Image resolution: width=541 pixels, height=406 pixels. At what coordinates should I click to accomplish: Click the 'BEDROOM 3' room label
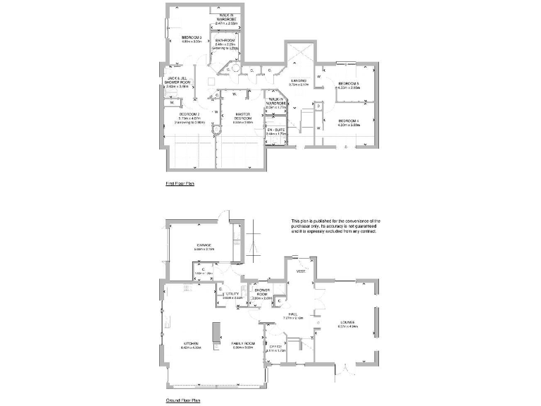pyautogui.click(x=192, y=37)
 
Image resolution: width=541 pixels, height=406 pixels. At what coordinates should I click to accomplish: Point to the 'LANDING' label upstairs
pyautogui.click(x=299, y=80)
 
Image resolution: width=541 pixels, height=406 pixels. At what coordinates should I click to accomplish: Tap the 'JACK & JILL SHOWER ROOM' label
pyautogui.click(x=177, y=80)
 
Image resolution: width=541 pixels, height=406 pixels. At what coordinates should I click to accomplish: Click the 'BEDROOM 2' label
pyautogui.click(x=189, y=114)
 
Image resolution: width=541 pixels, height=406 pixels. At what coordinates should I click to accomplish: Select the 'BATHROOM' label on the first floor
pyautogui.click(x=225, y=41)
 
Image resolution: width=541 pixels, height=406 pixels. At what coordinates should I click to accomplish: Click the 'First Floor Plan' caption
pyautogui.click(x=180, y=183)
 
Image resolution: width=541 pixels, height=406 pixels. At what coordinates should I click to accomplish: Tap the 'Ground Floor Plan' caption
pyautogui.click(x=182, y=400)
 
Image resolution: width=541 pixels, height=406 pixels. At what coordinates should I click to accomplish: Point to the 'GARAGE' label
pyautogui.click(x=195, y=245)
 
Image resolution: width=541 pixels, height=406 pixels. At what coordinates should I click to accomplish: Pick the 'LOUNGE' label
pyautogui.click(x=349, y=323)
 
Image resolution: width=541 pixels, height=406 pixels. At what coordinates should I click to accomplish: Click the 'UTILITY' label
pyautogui.click(x=233, y=294)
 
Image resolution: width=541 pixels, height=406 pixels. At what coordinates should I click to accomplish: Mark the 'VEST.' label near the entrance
pyautogui.click(x=300, y=271)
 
